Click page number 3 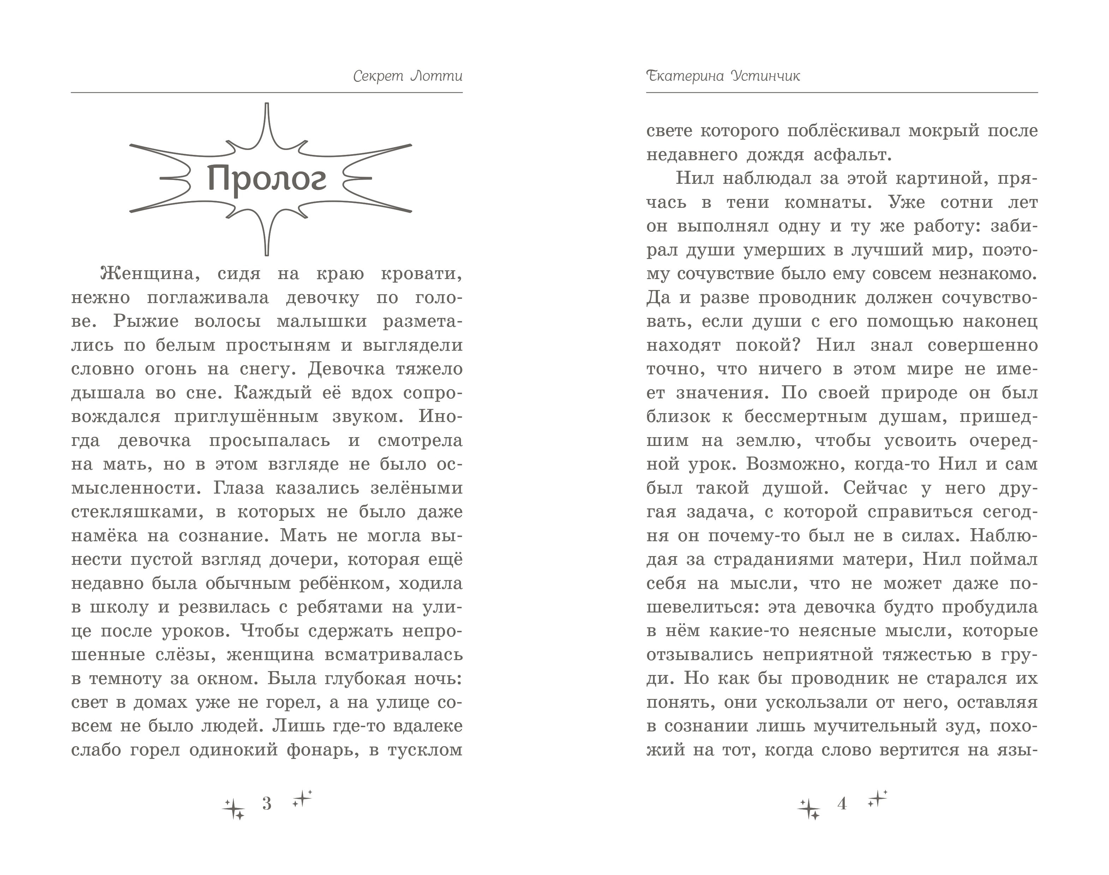click(266, 804)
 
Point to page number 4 click(841, 804)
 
